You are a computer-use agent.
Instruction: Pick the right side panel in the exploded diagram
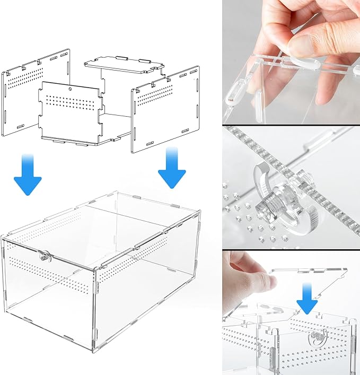point(165,109)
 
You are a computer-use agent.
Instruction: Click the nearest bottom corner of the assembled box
point(94,338)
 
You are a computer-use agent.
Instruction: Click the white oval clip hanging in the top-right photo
point(233,95)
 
